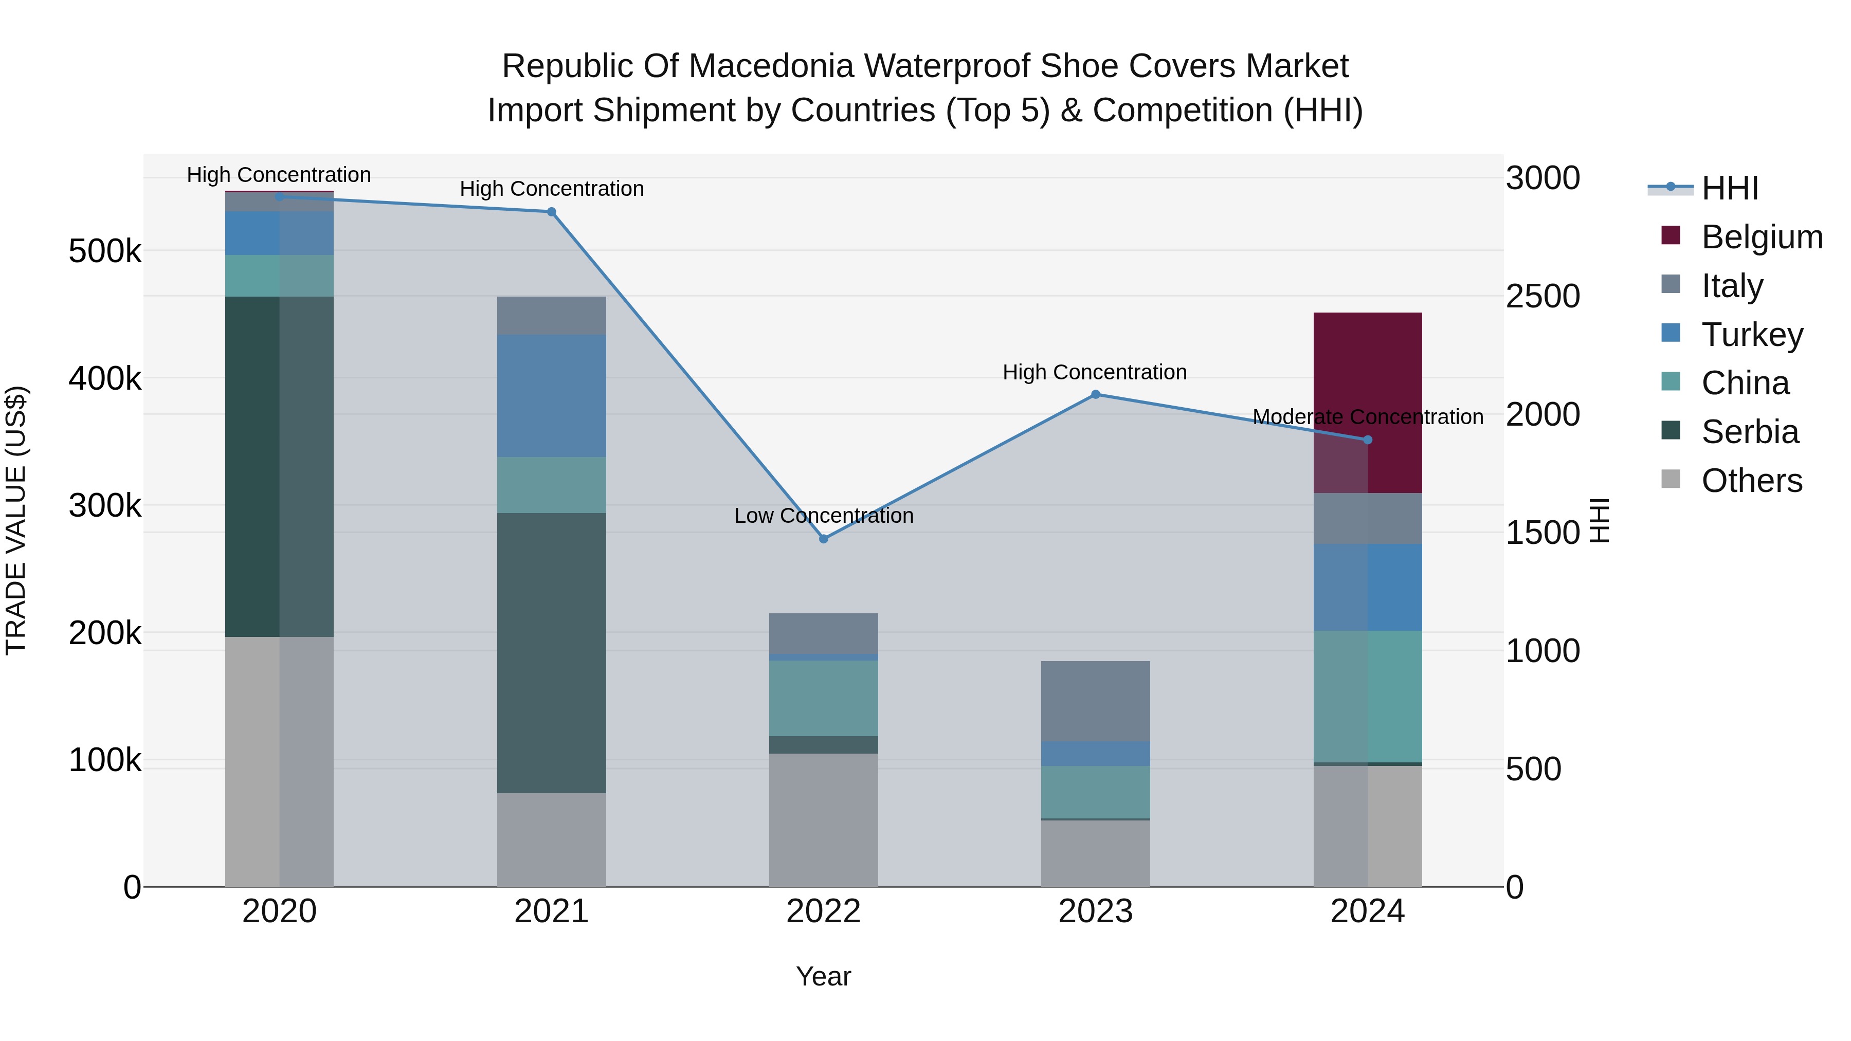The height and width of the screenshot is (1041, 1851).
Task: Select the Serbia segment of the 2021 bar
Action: [x=551, y=652]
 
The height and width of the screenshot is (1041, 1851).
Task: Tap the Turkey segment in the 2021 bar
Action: [x=551, y=395]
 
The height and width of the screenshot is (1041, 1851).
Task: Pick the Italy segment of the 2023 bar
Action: [x=1095, y=701]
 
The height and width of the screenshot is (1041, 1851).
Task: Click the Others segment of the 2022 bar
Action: [x=824, y=819]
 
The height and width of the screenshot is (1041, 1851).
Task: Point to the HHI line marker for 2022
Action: [x=824, y=539]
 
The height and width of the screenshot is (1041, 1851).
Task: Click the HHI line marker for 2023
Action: [x=1095, y=394]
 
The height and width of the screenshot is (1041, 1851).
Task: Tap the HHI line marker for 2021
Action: [x=551, y=212]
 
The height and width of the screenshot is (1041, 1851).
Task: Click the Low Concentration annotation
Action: [x=824, y=516]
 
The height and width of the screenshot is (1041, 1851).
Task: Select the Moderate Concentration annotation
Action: [x=1367, y=417]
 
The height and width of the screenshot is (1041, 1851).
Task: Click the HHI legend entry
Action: [x=1730, y=188]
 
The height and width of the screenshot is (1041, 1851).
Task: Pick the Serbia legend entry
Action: [x=1749, y=432]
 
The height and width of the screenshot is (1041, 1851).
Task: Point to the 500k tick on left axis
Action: [x=105, y=251]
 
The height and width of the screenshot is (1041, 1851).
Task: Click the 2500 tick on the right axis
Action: [x=1542, y=296]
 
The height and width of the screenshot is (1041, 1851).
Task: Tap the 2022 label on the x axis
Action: [x=824, y=911]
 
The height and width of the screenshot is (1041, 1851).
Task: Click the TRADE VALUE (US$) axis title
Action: [x=16, y=520]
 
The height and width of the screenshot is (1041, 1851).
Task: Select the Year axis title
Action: [x=824, y=976]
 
